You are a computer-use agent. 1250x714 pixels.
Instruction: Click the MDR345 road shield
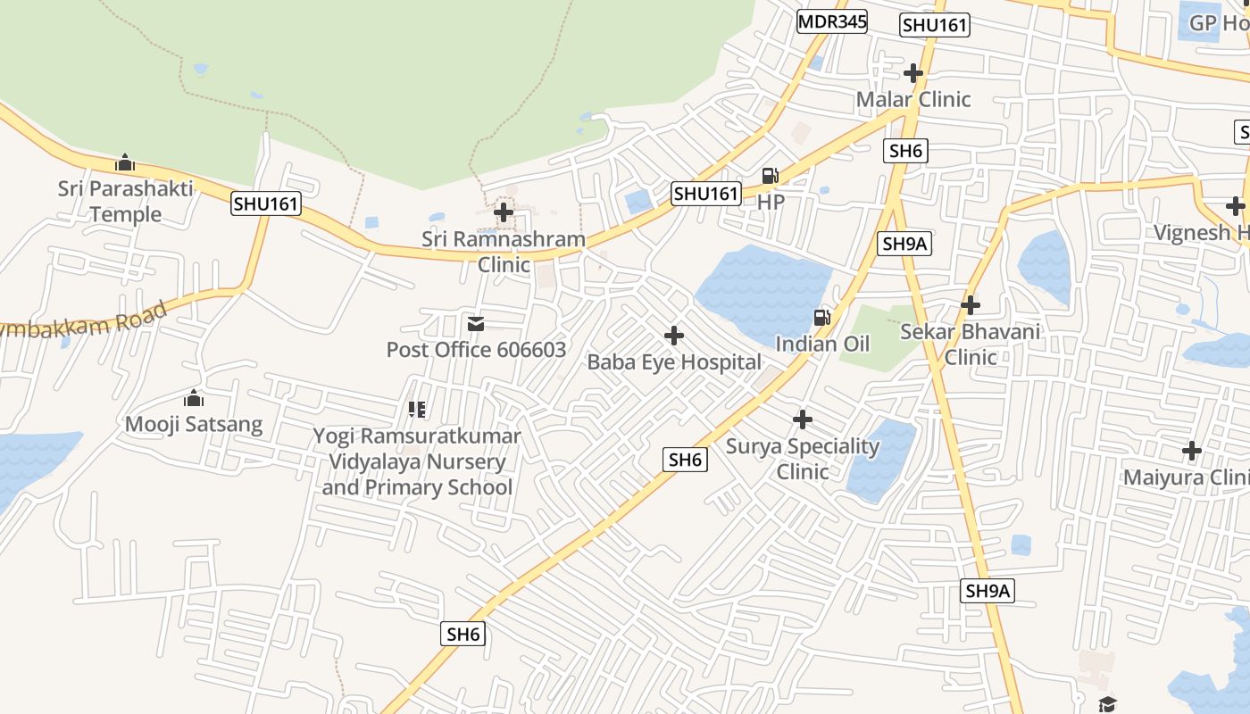[832, 21]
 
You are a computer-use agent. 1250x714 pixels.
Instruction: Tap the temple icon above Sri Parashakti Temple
[125, 163]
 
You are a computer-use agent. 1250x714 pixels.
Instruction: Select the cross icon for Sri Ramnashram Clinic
[504, 212]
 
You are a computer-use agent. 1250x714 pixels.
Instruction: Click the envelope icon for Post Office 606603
[476, 323]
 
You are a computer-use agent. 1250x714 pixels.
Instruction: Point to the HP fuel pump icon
[770, 176]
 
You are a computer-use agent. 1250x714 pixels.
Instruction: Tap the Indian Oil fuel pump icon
[821, 317]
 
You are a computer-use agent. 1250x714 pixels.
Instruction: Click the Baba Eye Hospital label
[674, 362]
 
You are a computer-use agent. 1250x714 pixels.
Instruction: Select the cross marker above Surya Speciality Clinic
[803, 419]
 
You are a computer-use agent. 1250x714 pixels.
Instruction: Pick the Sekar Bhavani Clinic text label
[971, 345]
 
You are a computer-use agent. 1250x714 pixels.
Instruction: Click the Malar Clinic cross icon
[913, 73]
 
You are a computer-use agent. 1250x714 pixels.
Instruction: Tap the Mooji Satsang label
[194, 424]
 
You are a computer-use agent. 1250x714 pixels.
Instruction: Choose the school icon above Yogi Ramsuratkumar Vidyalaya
[417, 410]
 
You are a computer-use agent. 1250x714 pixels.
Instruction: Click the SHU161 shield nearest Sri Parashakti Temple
[265, 203]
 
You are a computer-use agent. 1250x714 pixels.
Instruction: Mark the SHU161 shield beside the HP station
[706, 194]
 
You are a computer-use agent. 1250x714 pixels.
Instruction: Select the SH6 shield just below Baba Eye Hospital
[685, 460]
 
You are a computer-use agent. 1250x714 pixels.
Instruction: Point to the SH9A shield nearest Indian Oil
[905, 244]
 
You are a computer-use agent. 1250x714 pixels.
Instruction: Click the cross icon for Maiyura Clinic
[1191, 451]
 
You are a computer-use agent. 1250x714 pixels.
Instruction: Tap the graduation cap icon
[1107, 703]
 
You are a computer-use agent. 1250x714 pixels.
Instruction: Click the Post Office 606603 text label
[476, 350]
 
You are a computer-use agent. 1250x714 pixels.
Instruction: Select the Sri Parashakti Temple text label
[125, 202]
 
